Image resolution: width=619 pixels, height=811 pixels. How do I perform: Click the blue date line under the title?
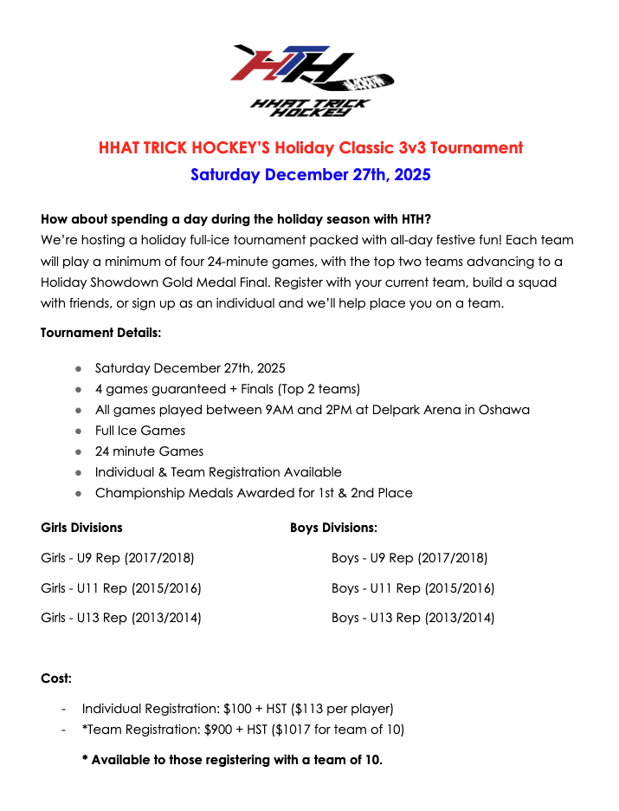(310, 174)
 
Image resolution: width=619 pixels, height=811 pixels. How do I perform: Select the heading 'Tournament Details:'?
(100, 333)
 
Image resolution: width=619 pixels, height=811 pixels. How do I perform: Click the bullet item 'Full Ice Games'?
(140, 431)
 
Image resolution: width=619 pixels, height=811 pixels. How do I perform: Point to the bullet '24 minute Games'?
(149, 451)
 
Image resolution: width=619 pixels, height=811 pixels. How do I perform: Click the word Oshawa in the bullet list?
(502, 410)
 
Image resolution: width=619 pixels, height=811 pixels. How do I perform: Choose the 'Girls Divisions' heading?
(81, 528)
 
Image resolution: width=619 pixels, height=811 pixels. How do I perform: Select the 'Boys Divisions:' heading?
(333, 528)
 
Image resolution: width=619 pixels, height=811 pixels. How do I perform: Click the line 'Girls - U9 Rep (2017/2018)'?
(118, 558)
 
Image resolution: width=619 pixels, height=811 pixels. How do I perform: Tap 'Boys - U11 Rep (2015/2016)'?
(413, 588)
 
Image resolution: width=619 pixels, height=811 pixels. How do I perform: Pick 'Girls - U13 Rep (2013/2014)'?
(121, 618)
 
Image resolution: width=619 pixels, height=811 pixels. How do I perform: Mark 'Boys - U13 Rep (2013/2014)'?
(413, 618)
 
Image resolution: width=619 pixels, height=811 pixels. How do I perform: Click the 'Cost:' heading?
(56, 678)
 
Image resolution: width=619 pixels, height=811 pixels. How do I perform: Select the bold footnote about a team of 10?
(232, 760)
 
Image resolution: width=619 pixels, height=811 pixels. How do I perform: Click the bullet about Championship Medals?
(254, 493)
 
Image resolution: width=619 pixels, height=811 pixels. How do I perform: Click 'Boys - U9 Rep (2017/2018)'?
(409, 558)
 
